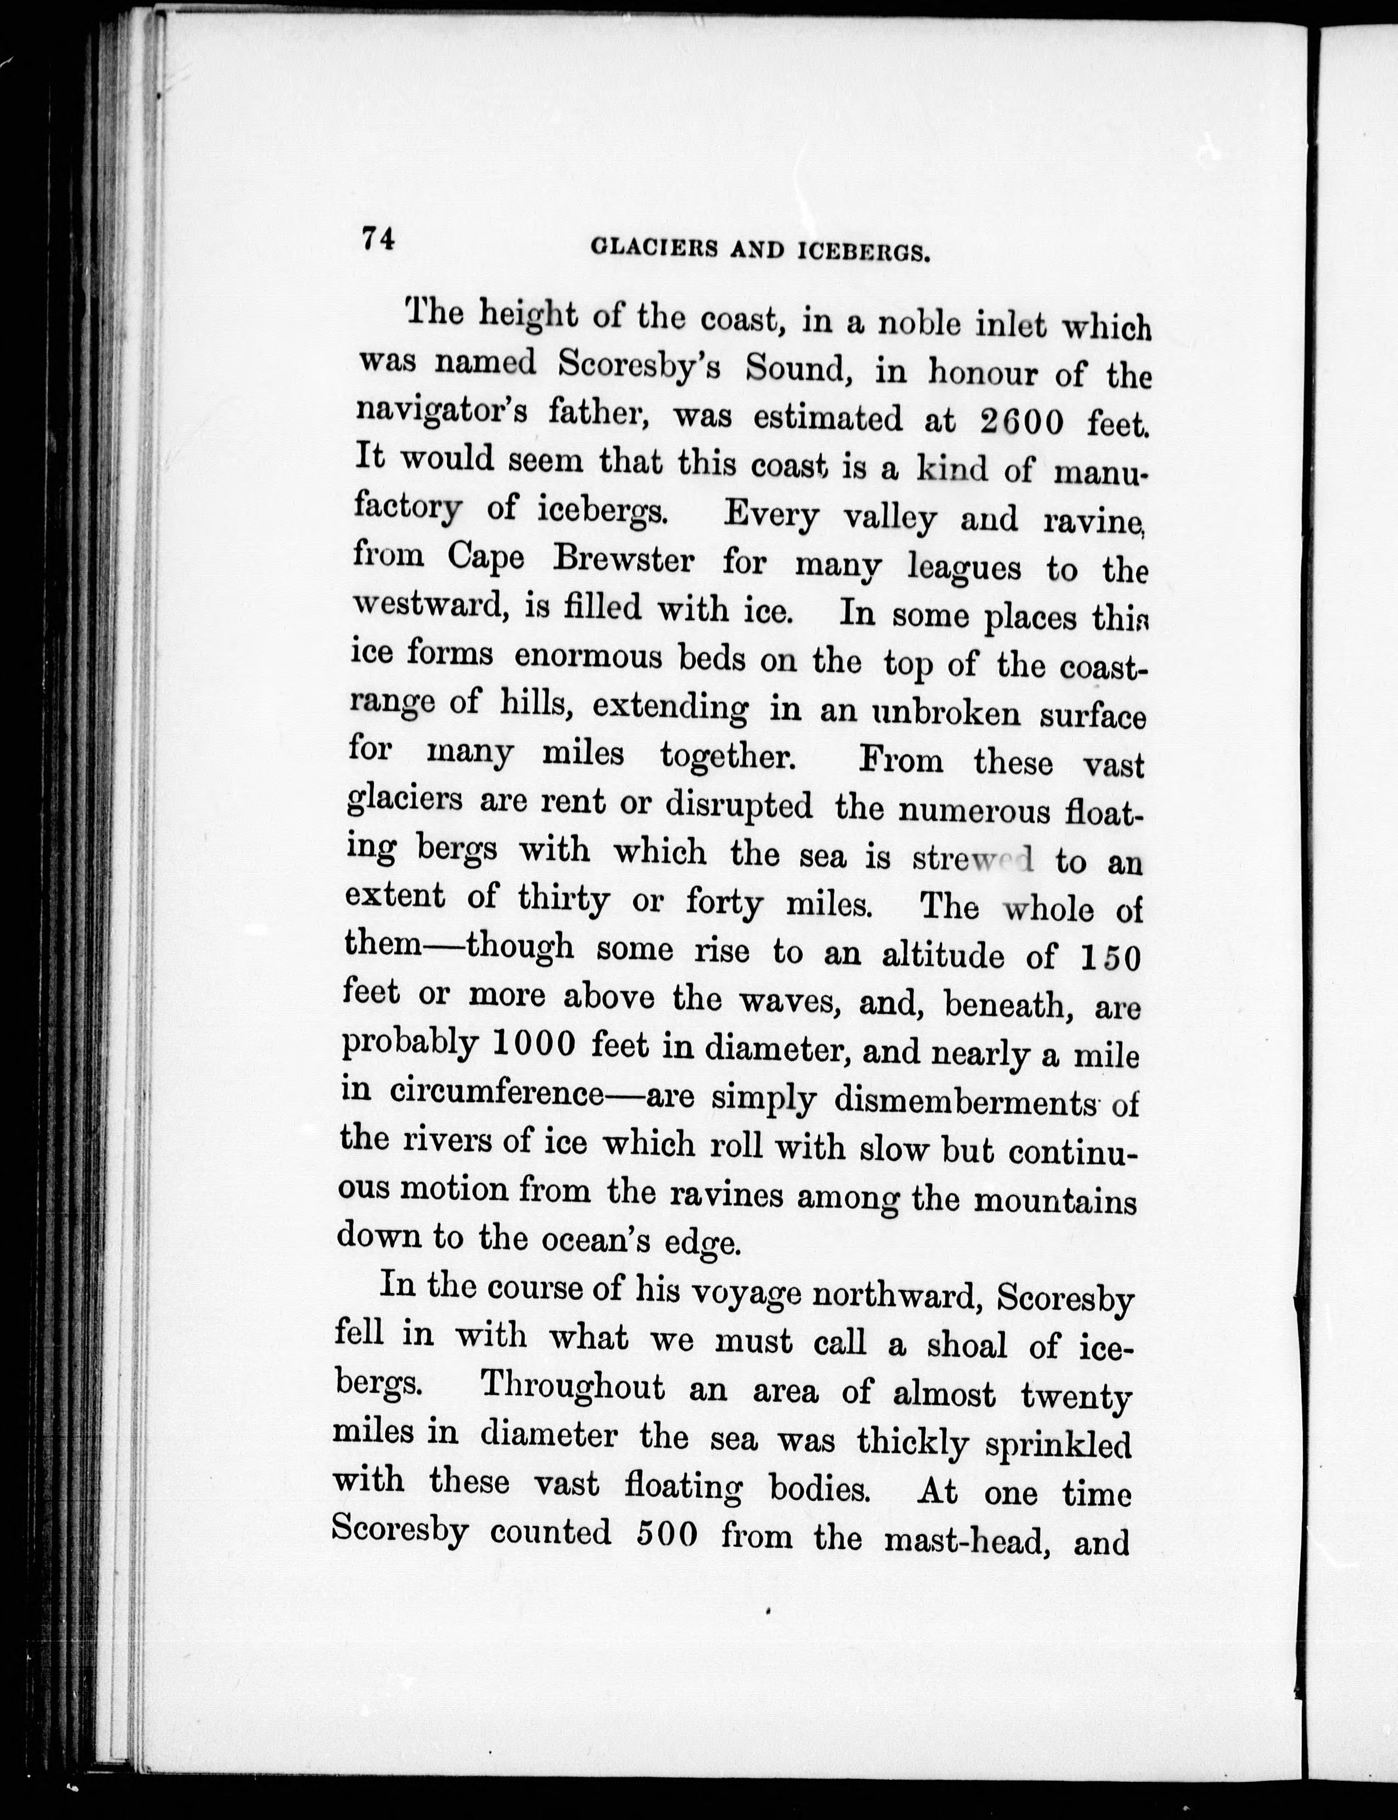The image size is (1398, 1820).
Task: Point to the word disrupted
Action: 739,805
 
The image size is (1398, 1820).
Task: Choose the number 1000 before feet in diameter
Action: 533,1044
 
